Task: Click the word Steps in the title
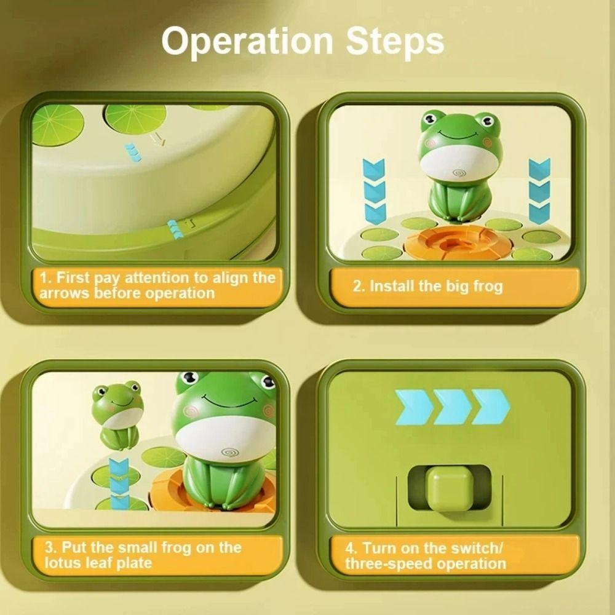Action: pyautogui.click(x=394, y=42)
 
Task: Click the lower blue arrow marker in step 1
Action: pyautogui.click(x=176, y=229)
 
